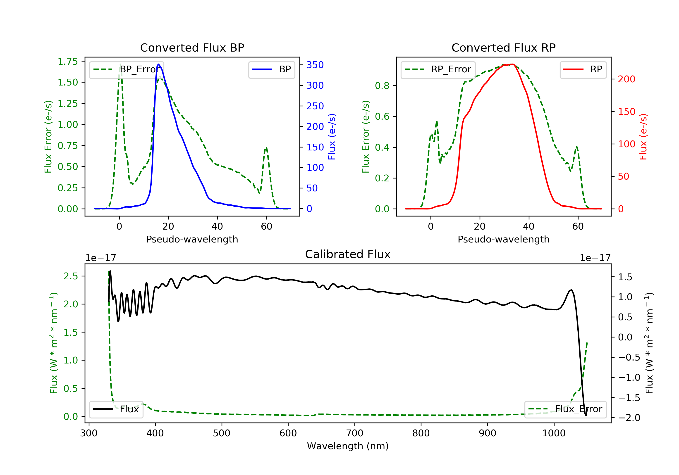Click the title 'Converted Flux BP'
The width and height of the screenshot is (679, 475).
click(192, 47)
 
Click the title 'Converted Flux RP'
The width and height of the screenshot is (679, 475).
click(503, 47)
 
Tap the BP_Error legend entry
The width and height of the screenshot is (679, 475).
click(127, 69)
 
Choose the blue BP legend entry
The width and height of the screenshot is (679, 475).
click(271, 69)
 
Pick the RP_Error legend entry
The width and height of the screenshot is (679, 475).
click(438, 69)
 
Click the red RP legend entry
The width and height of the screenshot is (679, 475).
click(583, 69)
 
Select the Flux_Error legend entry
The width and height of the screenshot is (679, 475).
click(565, 409)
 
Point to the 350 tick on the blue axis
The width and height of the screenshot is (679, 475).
click(315, 65)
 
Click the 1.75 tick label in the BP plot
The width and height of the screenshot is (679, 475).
click(68, 62)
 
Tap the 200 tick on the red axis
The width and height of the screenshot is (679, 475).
click(626, 79)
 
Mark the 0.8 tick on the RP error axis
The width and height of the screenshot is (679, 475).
click(382, 86)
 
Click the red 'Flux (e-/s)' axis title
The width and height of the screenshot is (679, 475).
click(643, 137)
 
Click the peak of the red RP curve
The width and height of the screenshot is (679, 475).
click(512, 64)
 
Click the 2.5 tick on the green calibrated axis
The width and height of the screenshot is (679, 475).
click(71, 276)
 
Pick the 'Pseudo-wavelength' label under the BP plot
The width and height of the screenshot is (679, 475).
click(192, 239)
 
